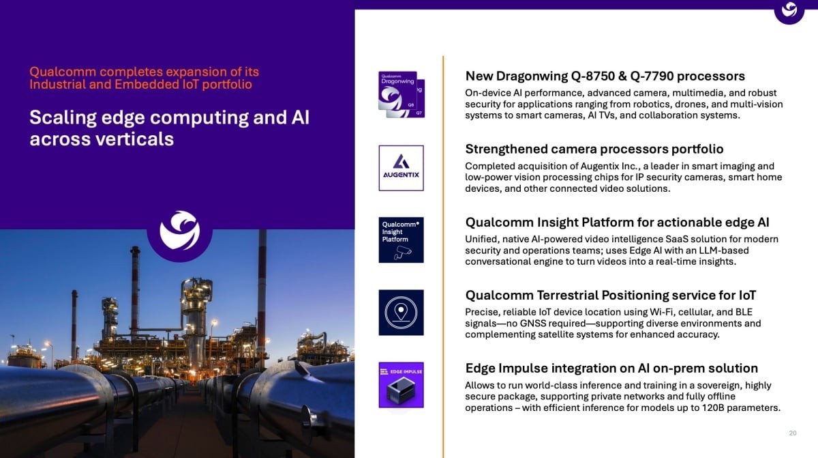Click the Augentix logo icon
point(401,168)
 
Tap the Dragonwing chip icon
point(402,94)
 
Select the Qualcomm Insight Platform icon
point(401,240)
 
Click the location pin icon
point(401,313)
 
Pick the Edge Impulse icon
point(401,385)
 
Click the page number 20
point(792,433)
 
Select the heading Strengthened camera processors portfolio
point(594,149)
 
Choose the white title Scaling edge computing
point(170,128)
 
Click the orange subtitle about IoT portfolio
point(145,78)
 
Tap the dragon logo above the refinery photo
point(180,231)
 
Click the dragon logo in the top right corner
point(789,10)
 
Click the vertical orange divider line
point(443,257)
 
